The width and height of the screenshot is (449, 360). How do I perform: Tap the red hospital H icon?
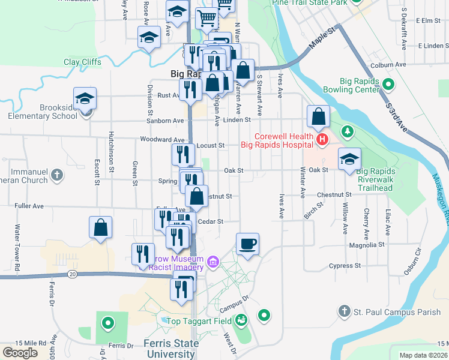pos(322,140)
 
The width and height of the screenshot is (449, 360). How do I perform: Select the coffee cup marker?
pos(247,244)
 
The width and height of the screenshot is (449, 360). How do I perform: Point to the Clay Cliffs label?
pos(83,62)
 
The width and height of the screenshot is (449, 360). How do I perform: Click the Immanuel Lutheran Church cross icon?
pos(56,175)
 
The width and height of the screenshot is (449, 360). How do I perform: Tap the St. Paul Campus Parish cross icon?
pos(344,311)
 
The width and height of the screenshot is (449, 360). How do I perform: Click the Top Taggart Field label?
pos(199,321)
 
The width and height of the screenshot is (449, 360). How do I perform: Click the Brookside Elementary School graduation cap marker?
pos(85,98)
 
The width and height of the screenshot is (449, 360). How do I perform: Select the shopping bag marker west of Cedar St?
pos(100,227)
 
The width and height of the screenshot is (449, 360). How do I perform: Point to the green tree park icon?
pos(347,131)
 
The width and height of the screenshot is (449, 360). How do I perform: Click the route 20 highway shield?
pos(72,274)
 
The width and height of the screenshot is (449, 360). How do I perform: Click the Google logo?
pos(20,352)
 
